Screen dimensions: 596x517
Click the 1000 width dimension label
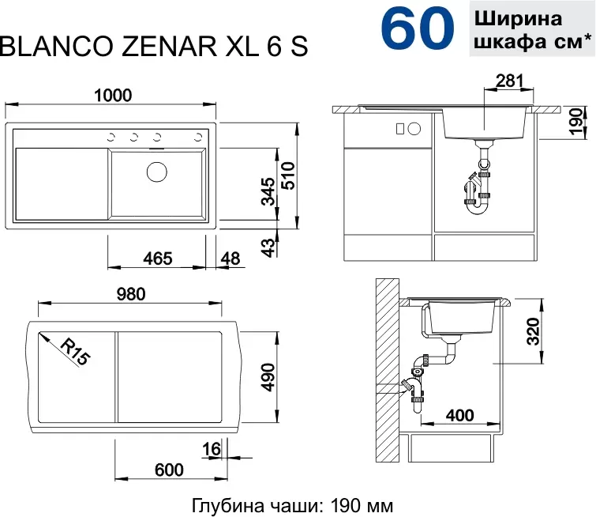pyautogui.click(x=113, y=95)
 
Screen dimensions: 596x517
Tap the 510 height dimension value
pyautogui.click(x=288, y=175)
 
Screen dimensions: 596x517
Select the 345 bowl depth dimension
pyautogui.click(x=268, y=191)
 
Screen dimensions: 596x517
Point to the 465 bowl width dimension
pyautogui.click(x=158, y=258)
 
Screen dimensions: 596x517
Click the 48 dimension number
pyautogui.click(x=231, y=258)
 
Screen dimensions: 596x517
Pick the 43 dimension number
pyautogui.click(x=268, y=248)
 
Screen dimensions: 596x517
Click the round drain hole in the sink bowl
pyautogui.click(x=157, y=172)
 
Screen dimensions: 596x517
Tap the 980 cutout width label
pyautogui.click(x=131, y=294)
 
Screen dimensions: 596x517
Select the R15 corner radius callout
pyautogui.click(x=76, y=352)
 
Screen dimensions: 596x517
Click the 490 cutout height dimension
pyautogui.click(x=268, y=377)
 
